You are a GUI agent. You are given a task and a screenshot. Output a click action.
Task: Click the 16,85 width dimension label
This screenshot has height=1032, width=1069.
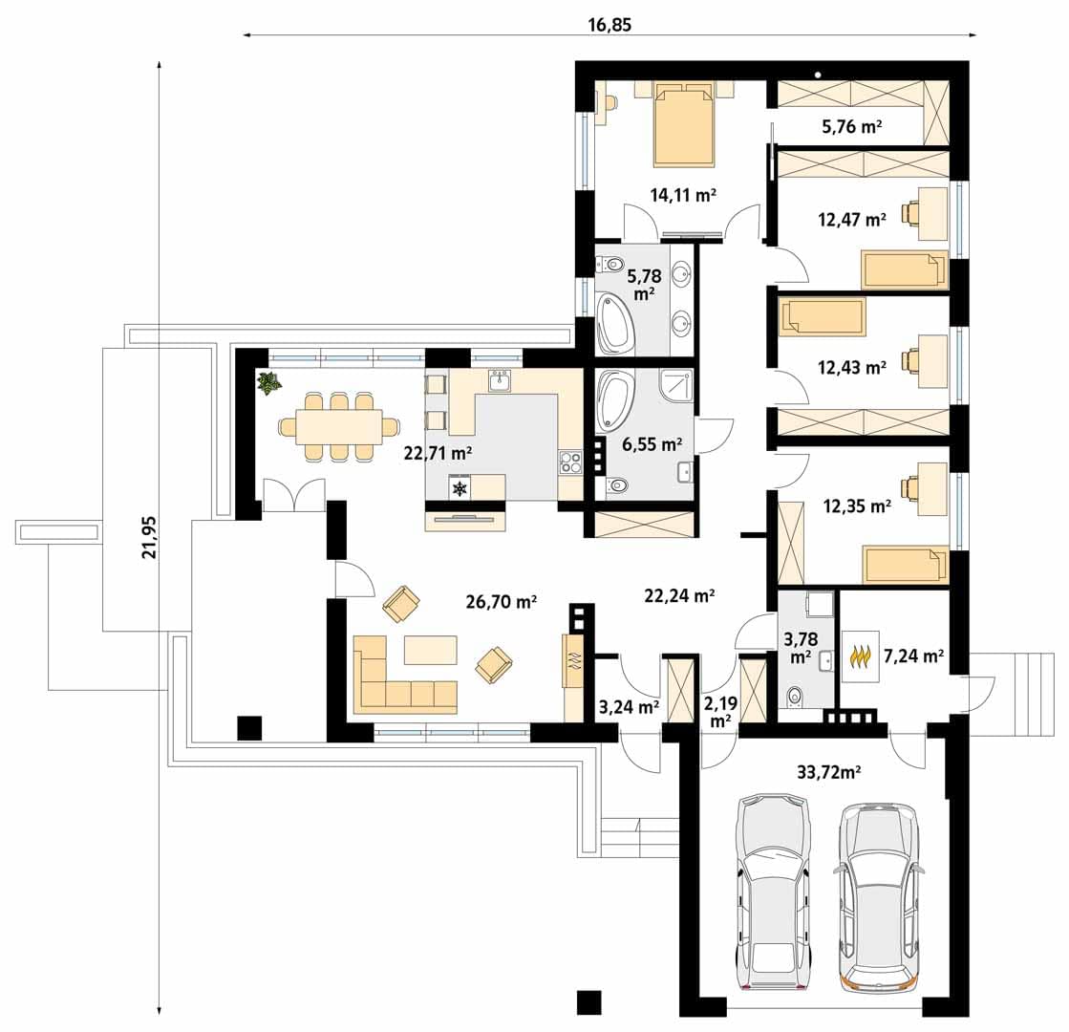click(609, 25)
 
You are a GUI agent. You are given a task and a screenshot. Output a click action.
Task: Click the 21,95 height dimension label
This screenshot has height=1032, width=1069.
click(149, 537)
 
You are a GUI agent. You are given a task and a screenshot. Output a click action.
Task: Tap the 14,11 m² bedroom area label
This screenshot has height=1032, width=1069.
click(682, 195)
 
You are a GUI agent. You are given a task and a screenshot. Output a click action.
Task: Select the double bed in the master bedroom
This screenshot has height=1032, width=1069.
click(684, 123)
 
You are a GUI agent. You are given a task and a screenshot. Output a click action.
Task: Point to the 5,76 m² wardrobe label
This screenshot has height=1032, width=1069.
click(852, 126)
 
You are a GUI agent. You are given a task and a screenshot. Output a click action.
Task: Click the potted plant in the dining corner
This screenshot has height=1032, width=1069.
click(268, 382)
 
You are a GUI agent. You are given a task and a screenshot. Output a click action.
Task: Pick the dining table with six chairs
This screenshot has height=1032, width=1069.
click(339, 427)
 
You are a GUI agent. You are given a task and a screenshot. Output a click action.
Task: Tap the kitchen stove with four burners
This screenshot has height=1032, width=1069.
click(570, 462)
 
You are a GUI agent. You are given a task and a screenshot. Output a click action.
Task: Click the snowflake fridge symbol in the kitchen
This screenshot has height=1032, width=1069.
click(460, 487)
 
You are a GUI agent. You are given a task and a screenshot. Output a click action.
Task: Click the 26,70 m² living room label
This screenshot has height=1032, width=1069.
click(502, 602)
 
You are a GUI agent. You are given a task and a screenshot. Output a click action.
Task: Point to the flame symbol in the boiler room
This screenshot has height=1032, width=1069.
click(861, 656)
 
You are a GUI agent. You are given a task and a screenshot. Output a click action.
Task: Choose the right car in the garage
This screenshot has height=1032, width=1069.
click(879, 900)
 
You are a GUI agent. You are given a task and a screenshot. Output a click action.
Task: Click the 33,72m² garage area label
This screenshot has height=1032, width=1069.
click(828, 772)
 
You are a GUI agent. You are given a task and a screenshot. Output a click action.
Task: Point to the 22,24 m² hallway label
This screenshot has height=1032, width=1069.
click(679, 595)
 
